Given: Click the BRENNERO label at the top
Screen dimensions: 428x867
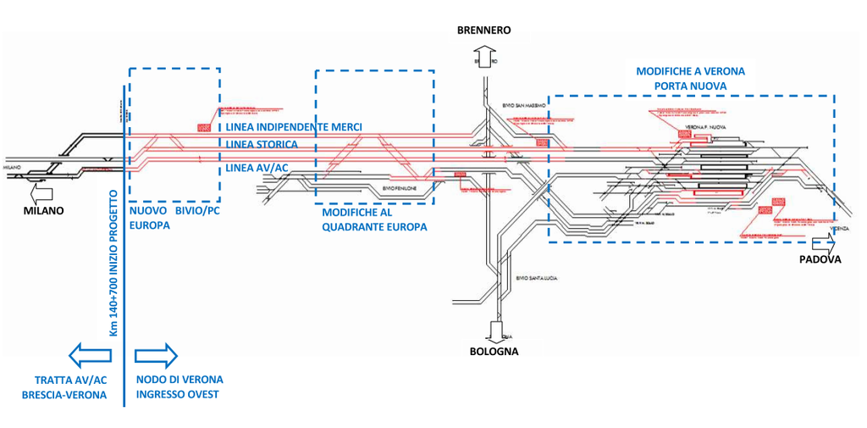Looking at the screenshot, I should [483, 30].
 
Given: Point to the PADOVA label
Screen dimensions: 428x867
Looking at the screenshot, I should [820, 260].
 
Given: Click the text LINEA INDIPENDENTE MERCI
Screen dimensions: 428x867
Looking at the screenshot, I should [294, 127].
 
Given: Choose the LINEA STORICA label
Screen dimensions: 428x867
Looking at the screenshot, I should [261, 144].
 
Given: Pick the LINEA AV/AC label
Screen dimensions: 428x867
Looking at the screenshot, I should [257, 168].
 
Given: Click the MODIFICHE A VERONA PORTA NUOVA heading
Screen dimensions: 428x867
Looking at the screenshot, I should [690, 79].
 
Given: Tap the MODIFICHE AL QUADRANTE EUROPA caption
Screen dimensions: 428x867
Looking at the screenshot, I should [373, 220].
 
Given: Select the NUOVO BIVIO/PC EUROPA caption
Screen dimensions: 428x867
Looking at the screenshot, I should [174, 219].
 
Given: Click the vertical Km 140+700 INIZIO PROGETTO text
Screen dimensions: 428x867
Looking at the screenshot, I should [113, 264].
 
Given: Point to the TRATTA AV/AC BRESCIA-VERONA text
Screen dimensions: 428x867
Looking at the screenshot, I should [70, 387].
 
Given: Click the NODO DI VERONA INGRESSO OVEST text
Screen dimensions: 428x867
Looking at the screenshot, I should [179, 387].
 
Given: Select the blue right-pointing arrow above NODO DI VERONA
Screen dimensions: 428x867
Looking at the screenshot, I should [157, 353].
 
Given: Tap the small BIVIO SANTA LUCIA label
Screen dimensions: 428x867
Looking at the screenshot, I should [537, 278].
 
